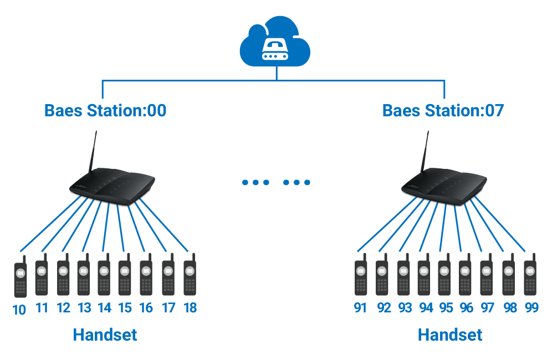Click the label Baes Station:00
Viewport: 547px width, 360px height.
105,110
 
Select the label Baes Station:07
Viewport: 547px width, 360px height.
443,110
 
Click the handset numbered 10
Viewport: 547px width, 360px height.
21,279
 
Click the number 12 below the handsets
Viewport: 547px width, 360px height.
63,307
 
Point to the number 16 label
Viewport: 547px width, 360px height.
146,307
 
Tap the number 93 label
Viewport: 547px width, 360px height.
405,307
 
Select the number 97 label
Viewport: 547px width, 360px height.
488,307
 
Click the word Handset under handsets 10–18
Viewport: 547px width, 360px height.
105,335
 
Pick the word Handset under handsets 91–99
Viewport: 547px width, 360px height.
449,335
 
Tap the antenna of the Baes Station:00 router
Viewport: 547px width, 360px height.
93,152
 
